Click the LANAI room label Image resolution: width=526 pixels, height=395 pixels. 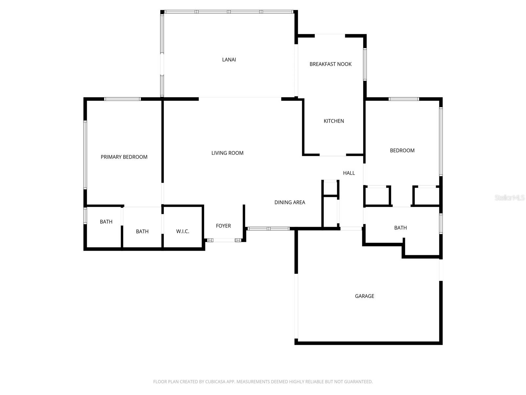tap(229, 60)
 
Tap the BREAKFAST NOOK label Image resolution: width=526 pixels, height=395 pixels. tap(330, 64)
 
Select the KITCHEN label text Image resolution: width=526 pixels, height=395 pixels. tap(334, 121)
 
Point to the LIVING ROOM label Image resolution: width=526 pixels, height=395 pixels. tap(227, 153)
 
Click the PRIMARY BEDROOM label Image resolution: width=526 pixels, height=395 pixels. tap(124, 157)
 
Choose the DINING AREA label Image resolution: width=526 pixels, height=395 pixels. tap(290, 202)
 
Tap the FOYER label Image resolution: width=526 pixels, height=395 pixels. tap(223, 226)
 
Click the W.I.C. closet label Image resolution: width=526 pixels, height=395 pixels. tap(182, 231)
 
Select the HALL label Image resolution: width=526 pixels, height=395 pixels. tap(349, 173)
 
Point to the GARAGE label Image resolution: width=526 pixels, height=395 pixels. tap(364, 296)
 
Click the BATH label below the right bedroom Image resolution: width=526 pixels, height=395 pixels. tap(400, 227)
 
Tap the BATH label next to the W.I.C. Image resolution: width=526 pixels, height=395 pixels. tap(142, 231)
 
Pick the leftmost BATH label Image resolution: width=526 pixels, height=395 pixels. tap(106, 222)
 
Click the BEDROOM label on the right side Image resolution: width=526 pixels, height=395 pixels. tap(402, 150)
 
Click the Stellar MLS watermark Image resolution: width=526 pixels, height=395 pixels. tap(510, 197)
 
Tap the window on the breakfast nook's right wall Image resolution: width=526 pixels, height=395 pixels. tap(365, 64)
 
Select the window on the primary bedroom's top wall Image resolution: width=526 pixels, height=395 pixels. tap(122, 99)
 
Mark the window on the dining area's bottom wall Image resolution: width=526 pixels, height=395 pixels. tap(268, 228)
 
